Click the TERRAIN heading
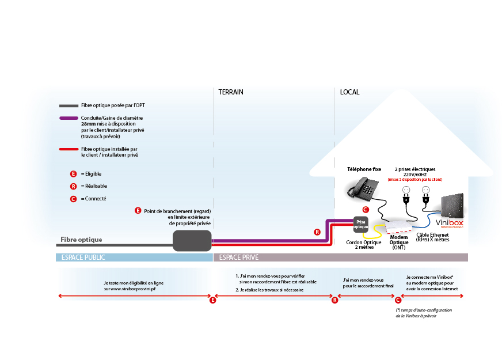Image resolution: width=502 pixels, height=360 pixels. pyautogui.click(x=231, y=92)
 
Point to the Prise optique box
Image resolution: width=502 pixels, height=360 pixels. pyautogui.click(x=360, y=224)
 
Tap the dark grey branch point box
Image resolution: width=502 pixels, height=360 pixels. pyautogui.click(x=192, y=240)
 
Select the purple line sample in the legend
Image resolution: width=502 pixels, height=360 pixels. pyautogui.click(x=69, y=118)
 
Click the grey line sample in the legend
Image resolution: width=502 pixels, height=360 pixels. pyautogui.click(x=69, y=105)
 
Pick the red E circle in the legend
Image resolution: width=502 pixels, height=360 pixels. pyautogui.click(x=73, y=173)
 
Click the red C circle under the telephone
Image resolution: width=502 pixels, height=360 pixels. pyautogui.click(x=365, y=209)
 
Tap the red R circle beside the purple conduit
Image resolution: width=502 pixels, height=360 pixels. pyautogui.click(x=317, y=232)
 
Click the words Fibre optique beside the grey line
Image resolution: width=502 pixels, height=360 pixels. pyautogui.click(x=81, y=239)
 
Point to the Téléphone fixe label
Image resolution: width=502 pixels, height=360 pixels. pyautogui.click(x=364, y=169)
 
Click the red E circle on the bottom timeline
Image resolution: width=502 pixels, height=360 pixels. pyautogui.click(x=213, y=300)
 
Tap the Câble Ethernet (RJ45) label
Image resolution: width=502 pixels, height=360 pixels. pyautogui.click(x=433, y=237)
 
